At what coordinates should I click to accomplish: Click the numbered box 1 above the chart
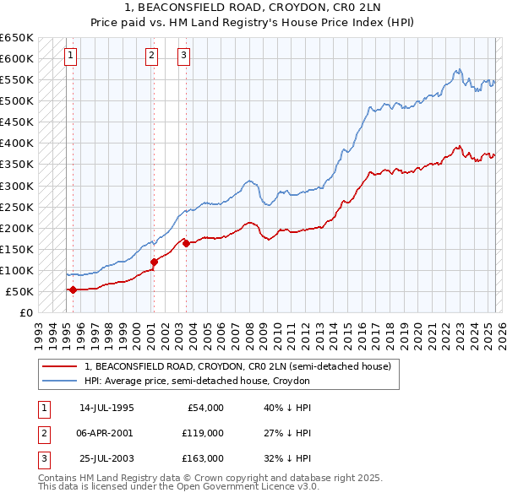[70, 57]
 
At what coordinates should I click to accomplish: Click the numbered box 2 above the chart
[151, 57]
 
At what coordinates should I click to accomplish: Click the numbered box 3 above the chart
[183, 57]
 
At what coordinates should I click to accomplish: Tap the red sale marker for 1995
[73, 290]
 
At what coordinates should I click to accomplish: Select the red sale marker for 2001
[154, 262]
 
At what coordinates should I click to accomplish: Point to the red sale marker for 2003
[186, 243]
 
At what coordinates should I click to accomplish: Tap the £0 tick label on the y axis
[26, 312]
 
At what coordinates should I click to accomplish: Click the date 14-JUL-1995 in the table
[106, 408]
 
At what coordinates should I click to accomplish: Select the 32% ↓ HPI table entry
[287, 458]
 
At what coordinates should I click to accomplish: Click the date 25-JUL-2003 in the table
[106, 458]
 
